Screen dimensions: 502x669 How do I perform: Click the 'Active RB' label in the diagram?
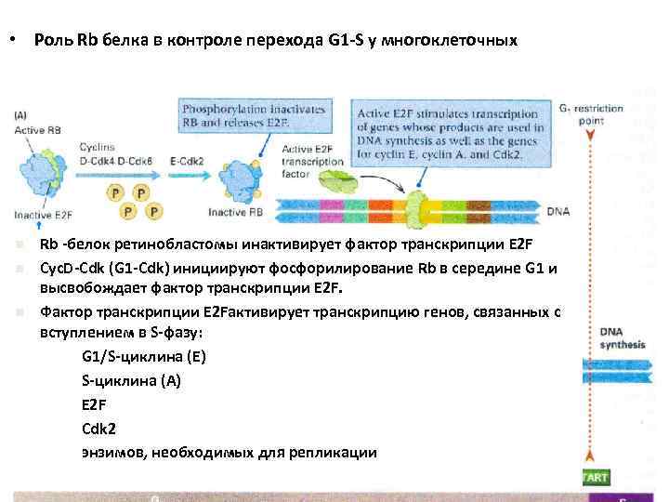[34, 130]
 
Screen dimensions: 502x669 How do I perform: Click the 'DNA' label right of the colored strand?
[558, 211]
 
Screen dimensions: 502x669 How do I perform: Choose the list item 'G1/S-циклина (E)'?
[144, 356]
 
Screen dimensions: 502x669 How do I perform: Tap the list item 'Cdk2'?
[99, 429]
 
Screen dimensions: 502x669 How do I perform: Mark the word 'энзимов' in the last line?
[112, 453]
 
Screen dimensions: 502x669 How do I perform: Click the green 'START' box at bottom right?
[595, 478]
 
